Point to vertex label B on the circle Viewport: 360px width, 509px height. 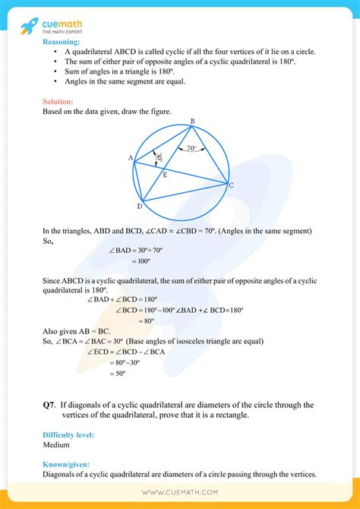[192, 122]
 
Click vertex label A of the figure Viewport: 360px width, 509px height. [131, 158]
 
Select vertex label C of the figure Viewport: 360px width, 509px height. [231, 185]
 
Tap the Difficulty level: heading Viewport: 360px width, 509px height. [74, 435]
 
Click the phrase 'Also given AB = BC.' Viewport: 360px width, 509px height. [76, 331]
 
